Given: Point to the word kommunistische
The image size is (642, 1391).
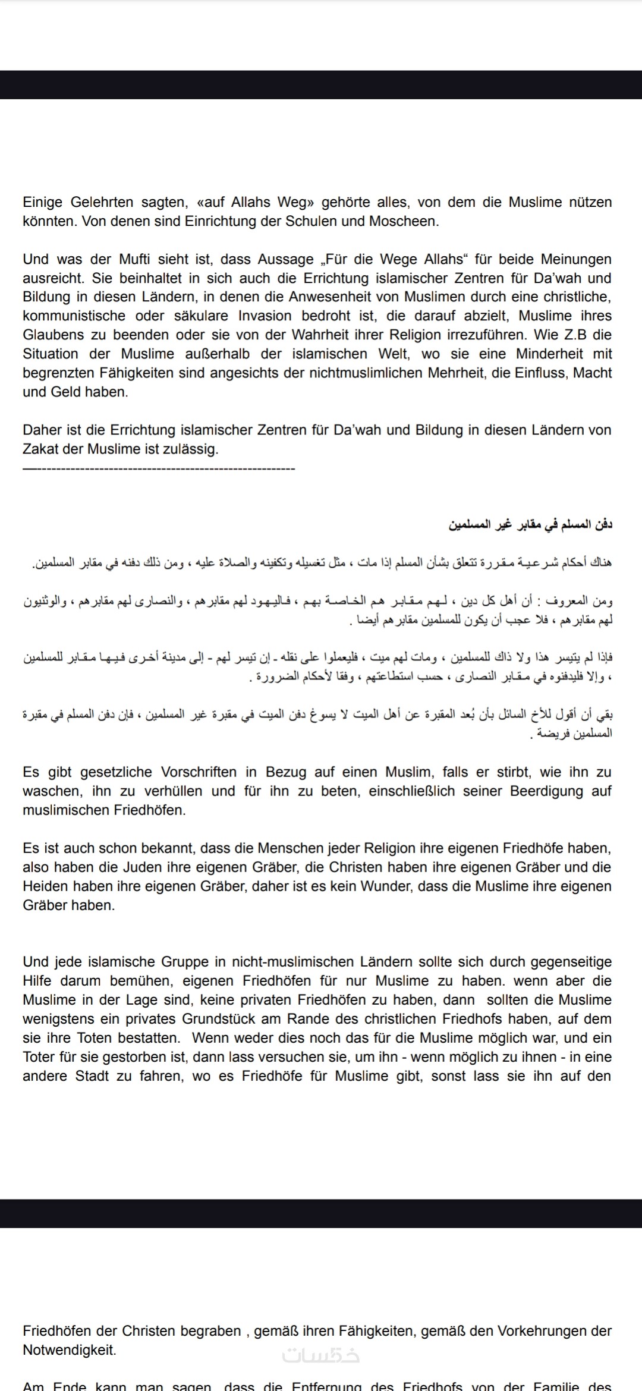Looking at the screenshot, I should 74,316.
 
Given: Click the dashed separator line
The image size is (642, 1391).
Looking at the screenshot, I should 159,468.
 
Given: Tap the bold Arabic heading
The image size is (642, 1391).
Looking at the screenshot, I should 530,524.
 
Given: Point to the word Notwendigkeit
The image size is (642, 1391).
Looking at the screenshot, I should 69,1350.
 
